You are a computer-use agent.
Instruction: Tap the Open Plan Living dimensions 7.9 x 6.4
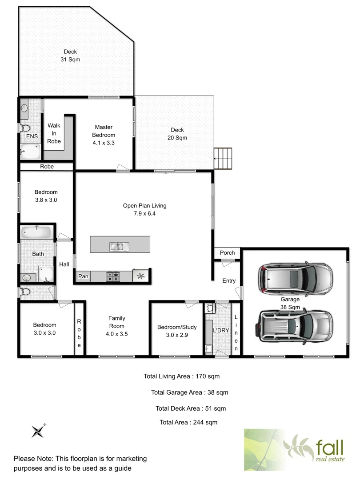145,213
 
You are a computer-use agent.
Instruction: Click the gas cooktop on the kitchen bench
113,276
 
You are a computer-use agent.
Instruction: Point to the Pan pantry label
83,276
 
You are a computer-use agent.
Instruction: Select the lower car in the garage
294,327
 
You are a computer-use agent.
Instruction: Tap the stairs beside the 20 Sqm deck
224,158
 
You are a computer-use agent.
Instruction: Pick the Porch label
228,253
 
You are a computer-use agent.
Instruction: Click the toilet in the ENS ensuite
24,128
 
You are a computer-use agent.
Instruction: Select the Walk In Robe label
54,133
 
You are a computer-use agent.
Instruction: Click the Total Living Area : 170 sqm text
181,376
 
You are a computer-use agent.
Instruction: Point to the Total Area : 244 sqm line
188,422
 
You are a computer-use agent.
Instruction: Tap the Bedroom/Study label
177,327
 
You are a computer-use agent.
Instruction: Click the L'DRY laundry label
220,331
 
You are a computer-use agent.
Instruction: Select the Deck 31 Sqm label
70,56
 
